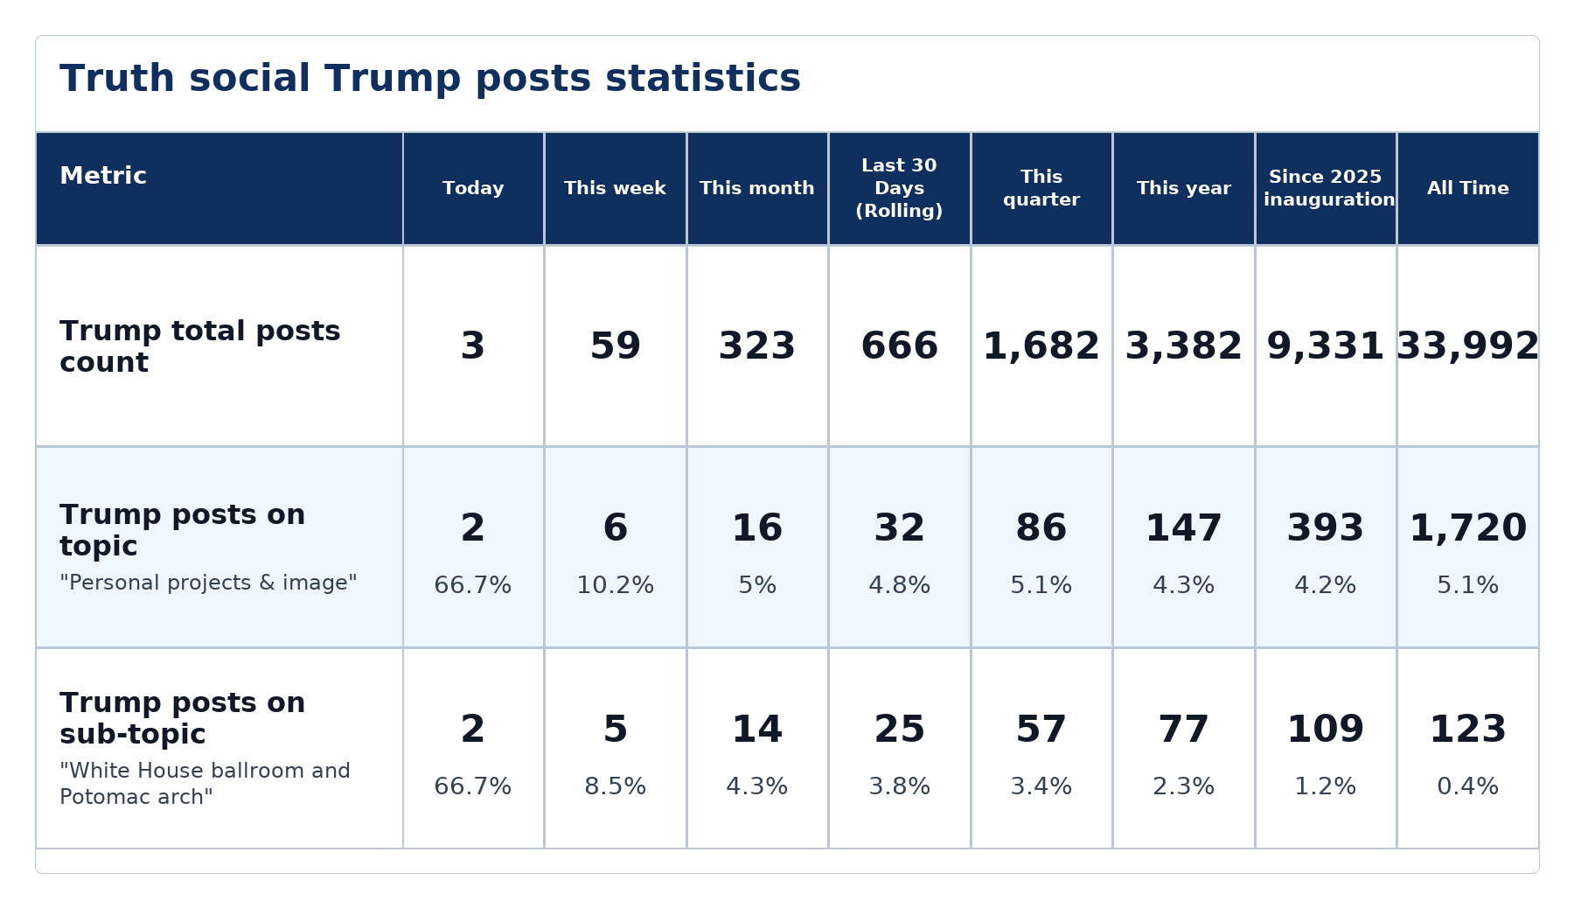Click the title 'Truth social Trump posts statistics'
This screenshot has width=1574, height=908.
coord(430,79)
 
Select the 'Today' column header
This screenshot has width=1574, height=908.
coord(473,188)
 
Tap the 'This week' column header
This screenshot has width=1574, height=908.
coord(615,188)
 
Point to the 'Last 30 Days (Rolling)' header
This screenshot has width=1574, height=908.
coord(899,188)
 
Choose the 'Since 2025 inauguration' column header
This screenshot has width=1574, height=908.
coord(1326,188)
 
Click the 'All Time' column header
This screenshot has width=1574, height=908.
coord(1468,188)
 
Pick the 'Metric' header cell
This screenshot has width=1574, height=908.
coord(103,176)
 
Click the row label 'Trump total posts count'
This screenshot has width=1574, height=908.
coord(200,346)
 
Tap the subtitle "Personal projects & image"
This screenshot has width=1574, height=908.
coord(208,583)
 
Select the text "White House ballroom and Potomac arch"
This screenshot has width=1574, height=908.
coord(205,784)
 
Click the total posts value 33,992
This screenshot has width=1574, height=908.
coord(1468,346)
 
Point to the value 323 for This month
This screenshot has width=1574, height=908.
coord(757,346)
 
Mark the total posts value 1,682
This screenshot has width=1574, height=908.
coord(1041,346)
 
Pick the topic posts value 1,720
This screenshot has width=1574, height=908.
coord(1468,528)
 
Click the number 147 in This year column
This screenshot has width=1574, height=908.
coord(1184,528)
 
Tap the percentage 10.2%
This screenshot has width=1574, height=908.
coord(615,585)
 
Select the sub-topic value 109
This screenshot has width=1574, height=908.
coord(1326,730)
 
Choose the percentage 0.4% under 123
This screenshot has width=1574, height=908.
coord(1468,786)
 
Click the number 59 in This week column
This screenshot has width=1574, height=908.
coord(615,346)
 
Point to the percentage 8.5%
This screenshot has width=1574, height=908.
coord(615,786)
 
